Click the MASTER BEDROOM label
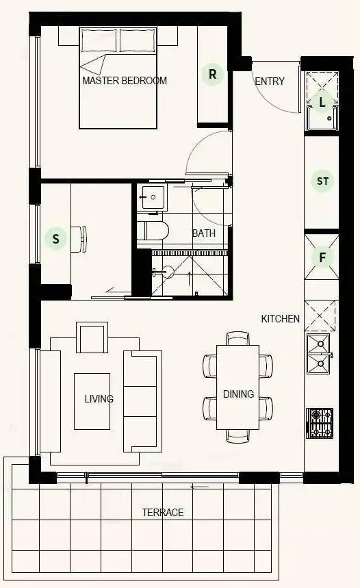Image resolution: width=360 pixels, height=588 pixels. [x=124, y=80]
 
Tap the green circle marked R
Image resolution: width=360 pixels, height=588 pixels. [x=213, y=75]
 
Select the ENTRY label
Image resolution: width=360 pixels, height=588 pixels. [x=269, y=81]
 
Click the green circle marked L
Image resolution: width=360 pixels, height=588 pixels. [x=322, y=102]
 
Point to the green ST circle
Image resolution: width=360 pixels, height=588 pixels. [x=322, y=181]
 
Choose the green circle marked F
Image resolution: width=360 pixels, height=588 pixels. [x=322, y=257]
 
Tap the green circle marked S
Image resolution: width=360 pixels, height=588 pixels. [x=56, y=239]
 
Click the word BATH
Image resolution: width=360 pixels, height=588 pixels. [x=203, y=233]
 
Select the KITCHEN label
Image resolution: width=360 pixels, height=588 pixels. [x=280, y=318]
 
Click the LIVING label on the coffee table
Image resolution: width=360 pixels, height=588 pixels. [x=99, y=398]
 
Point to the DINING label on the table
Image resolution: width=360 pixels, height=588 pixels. [x=238, y=394]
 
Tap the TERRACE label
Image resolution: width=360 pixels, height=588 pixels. [x=162, y=512]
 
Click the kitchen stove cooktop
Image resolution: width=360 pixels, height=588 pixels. [x=320, y=423]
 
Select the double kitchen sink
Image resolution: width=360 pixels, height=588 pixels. [x=318, y=354]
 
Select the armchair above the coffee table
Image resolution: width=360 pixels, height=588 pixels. [x=92, y=338]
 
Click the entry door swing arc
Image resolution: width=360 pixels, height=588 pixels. [x=274, y=96]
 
